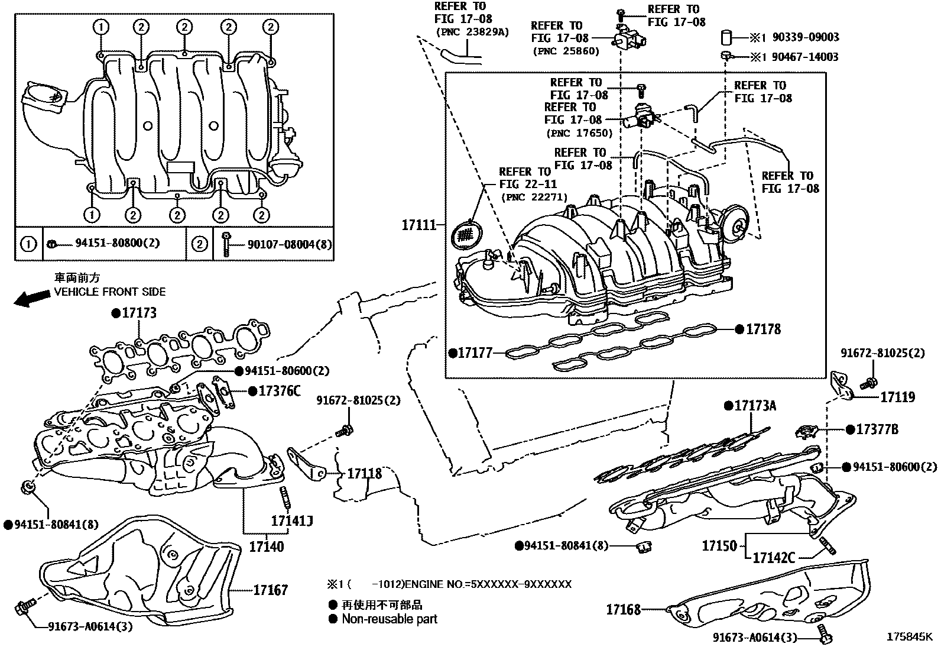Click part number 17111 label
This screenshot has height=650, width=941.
(418, 225)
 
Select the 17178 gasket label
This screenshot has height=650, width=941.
(763, 329)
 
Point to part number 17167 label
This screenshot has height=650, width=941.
(271, 590)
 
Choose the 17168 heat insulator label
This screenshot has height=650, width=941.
(623, 609)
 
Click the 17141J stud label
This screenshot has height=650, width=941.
(291, 521)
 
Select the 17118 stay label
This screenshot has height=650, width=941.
(364, 474)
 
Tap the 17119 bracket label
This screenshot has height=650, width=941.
(897, 397)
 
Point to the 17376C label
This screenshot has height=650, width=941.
(280, 391)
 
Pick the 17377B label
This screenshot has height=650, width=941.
(877, 430)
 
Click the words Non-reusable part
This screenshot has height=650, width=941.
(390, 619)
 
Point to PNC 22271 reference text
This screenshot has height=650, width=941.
(534, 197)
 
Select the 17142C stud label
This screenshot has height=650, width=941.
(774, 557)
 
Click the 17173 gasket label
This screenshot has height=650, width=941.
(139, 313)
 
